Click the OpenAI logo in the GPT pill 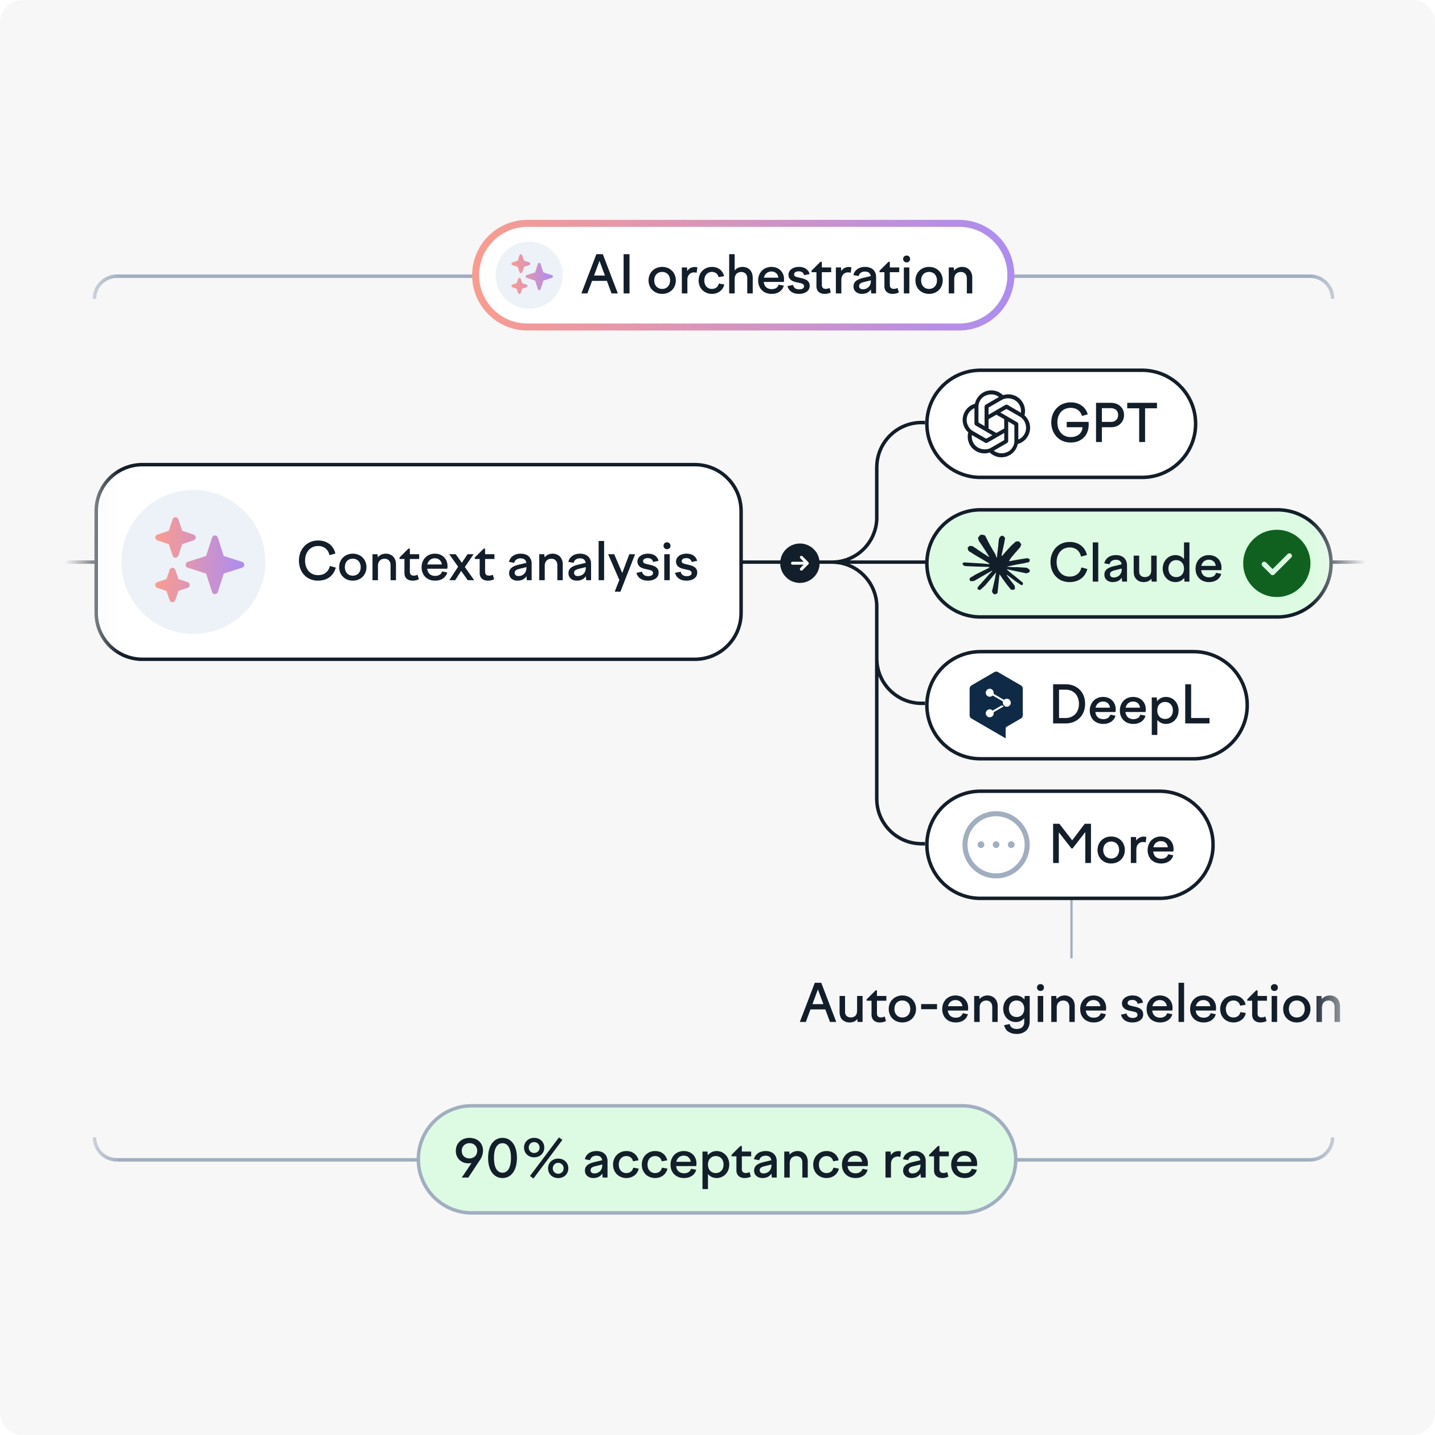coord(995,423)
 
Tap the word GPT coord(1103,423)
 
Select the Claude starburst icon coord(996,564)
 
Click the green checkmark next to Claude coord(1276,564)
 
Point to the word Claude coord(1135,564)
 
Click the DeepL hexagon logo coord(996,704)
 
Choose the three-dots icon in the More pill coord(995,844)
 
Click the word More coord(1112,845)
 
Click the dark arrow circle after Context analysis coord(800,563)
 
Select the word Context coord(396,562)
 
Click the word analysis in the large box coord(602,564)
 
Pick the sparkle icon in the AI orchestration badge coord(529,275)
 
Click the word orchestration coord(810,276)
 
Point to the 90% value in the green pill coord(511,1159)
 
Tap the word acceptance coord(725,1162)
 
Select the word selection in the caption coord(1229,1005)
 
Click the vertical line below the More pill coord(1071,928)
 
